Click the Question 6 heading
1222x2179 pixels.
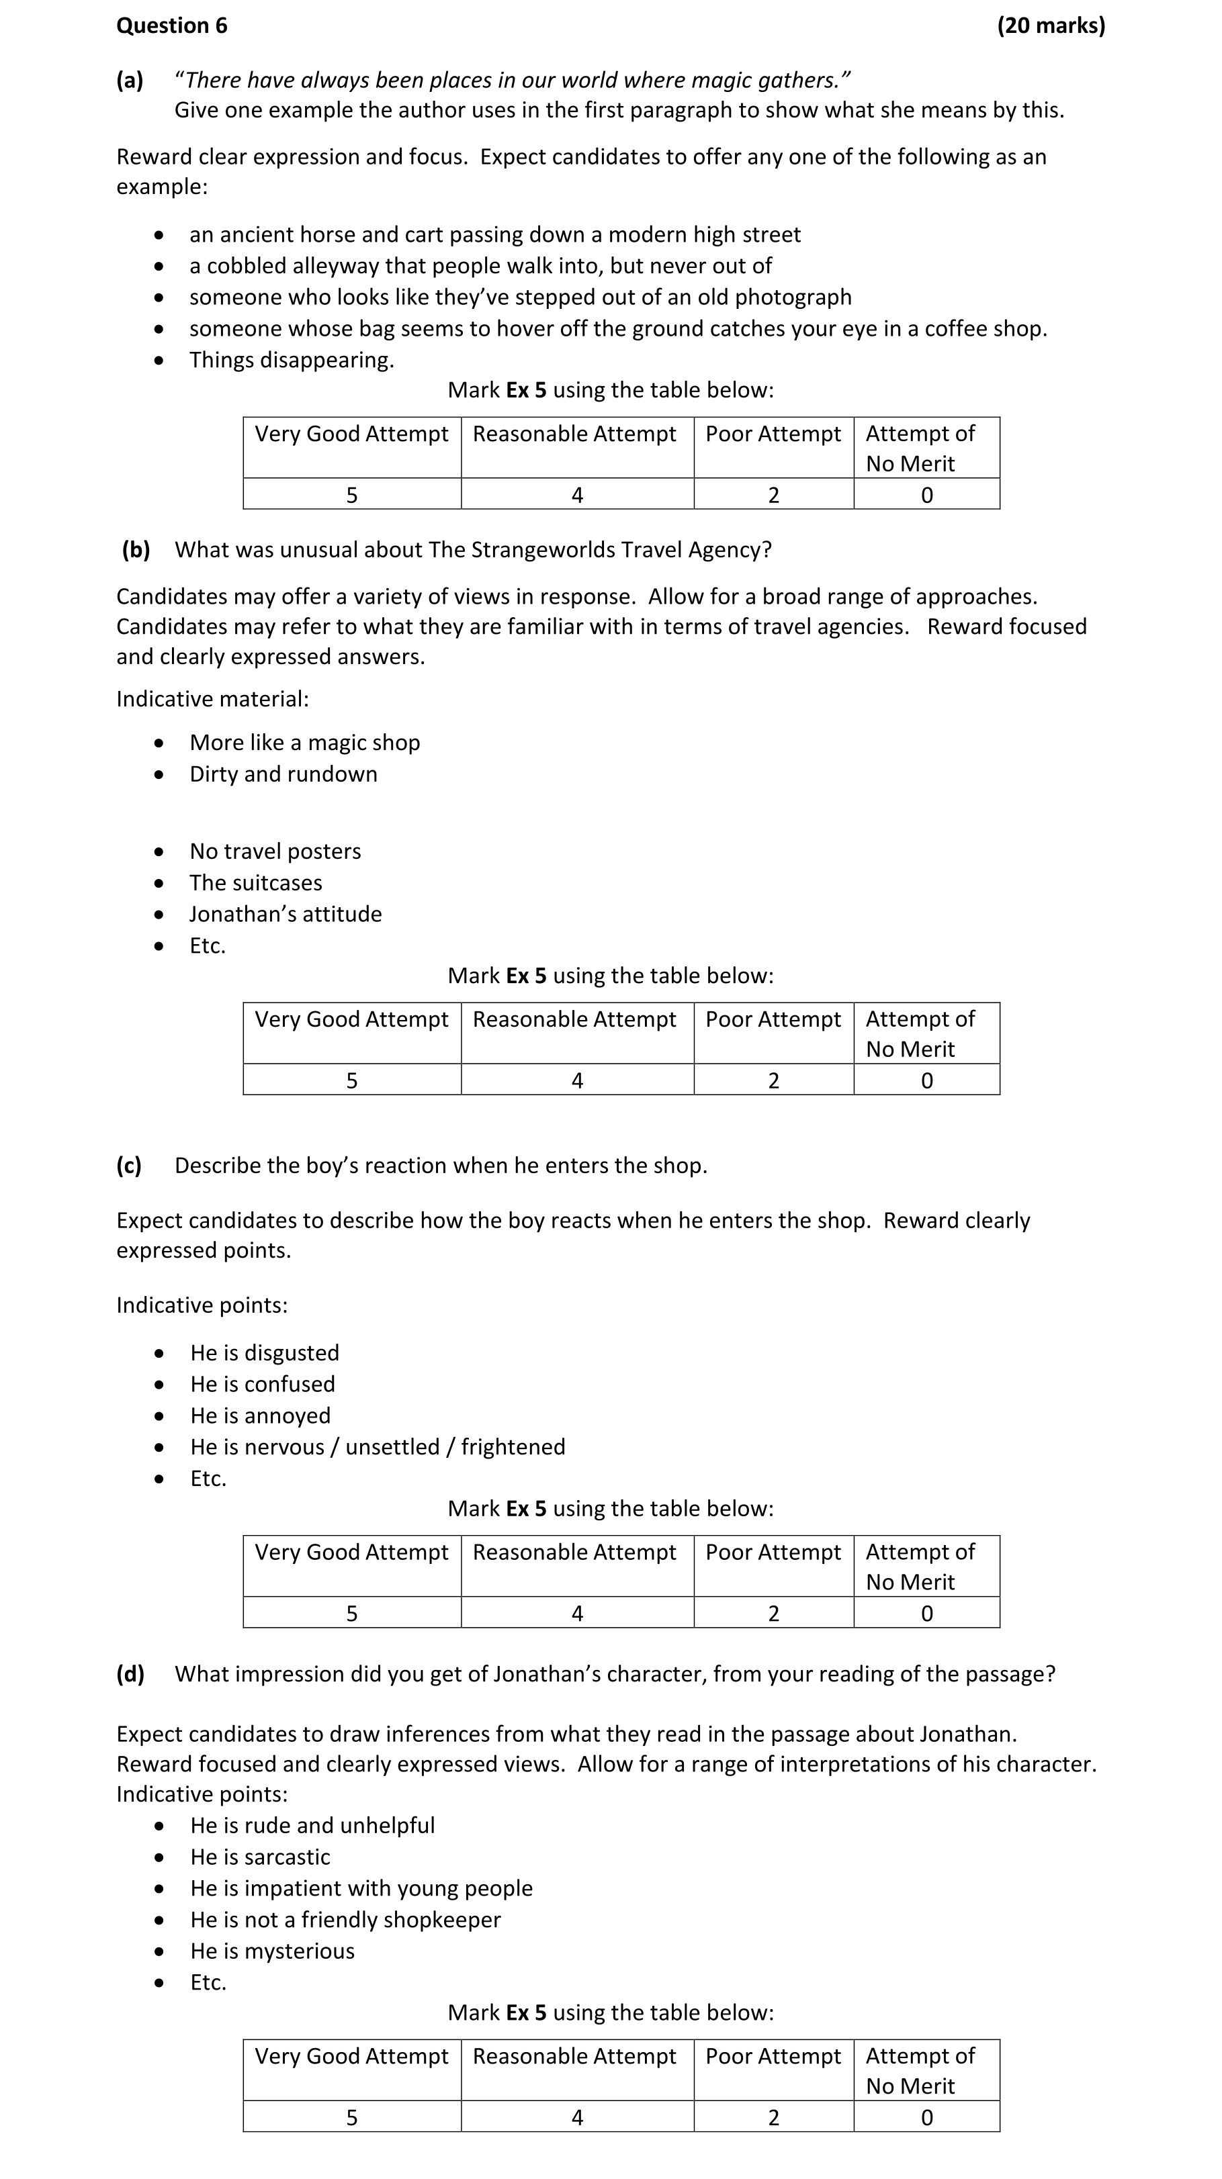(172, 26)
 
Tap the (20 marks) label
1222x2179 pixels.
(1050, 26)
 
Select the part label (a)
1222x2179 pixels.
(130, 81)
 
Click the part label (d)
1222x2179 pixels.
(130, 1674)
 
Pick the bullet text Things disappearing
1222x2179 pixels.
(291, 359)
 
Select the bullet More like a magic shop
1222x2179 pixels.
(304, 743)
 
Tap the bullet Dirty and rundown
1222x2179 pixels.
(283, 774)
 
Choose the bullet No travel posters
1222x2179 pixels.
(275, 851)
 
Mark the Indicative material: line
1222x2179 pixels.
(212, 699)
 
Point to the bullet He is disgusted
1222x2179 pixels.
(264, 1352)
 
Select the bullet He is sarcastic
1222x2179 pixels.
(260, 1857)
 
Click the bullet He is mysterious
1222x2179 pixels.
(271, 1951)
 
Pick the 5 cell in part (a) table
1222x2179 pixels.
(352, 495)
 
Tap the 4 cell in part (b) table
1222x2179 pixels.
(577, 1080)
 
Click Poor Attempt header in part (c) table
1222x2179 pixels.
(773, 1552)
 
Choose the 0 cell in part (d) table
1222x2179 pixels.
(926, 2117)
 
